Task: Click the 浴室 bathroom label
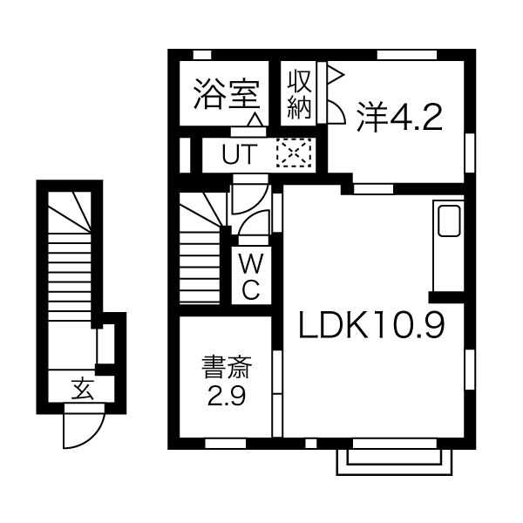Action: click(x=226, y=92)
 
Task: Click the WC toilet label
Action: click(x=249, y=277)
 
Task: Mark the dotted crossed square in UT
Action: click(x=293, y=155)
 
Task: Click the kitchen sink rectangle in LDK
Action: click(x=450, y=221)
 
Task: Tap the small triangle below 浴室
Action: click(x=255, y=120)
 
